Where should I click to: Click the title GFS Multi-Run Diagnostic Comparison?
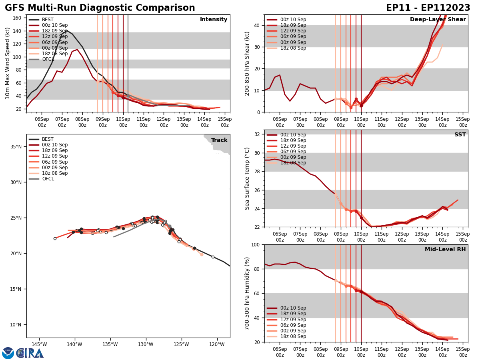point(100,8)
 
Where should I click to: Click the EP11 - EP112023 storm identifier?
point(428,8)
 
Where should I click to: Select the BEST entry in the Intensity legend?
point(48,20)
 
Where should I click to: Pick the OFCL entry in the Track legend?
point(48,179)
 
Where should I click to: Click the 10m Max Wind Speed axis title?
point(8,63)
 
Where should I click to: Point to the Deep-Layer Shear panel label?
point(438,20)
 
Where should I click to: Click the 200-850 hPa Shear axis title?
point(247,63)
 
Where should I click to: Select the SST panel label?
point(460,135)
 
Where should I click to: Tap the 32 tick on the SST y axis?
point(257,134)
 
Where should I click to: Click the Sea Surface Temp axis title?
point(247,178)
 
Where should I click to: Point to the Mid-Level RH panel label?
point(445,250)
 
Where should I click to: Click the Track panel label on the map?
point(219,140)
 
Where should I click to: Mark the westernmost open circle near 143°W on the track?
point(55,238)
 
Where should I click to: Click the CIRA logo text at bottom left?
point(30,353)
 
